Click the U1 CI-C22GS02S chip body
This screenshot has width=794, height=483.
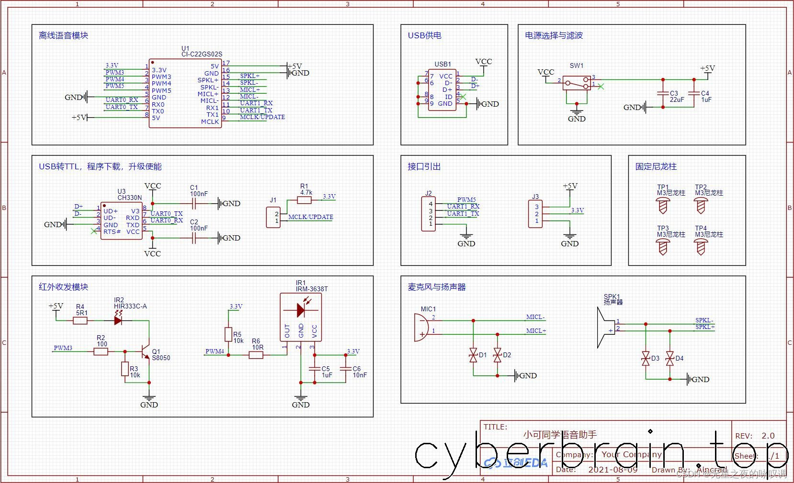(x=185, y=94)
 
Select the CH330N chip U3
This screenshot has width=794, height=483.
(x=121, y=220)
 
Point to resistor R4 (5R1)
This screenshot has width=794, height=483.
(x=80, y=320)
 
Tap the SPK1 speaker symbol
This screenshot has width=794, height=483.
(x=605, y=328)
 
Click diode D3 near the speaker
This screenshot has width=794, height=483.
(x=646, y=358)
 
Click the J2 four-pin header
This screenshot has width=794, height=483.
(x=429, y=214)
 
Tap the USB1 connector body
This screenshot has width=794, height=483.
(x=442, y=90)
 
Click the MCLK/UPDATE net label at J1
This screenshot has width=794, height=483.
(x=310, y=217)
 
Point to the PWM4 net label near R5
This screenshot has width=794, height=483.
(x=215, y=351)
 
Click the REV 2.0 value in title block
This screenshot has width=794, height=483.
(x=768, y=436)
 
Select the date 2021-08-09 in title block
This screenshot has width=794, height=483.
(x=613, y=470)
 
